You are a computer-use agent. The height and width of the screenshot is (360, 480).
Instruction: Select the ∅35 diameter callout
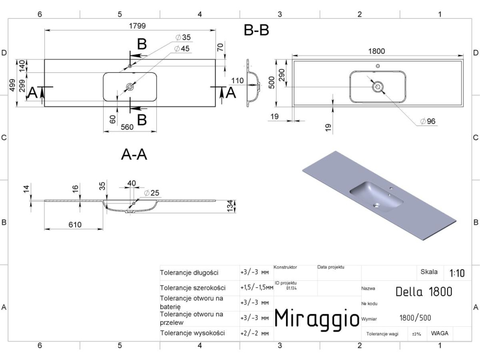183,37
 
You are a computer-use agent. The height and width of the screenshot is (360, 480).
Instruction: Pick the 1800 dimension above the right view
376,51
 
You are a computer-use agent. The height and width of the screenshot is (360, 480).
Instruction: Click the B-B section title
256,30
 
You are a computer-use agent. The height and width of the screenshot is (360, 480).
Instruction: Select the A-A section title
134,155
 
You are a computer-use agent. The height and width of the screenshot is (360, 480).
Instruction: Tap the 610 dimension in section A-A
72,225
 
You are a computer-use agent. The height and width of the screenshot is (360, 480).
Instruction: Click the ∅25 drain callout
153,193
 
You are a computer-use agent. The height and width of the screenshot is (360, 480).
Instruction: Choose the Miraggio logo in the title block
316,319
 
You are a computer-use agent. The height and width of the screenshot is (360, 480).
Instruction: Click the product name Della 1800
423,292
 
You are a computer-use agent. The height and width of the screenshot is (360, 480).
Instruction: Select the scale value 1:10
457,273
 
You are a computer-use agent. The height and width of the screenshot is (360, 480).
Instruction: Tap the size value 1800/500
415,318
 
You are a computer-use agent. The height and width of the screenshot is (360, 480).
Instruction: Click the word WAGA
439,333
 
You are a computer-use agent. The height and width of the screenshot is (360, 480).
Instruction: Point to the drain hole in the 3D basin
376,206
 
